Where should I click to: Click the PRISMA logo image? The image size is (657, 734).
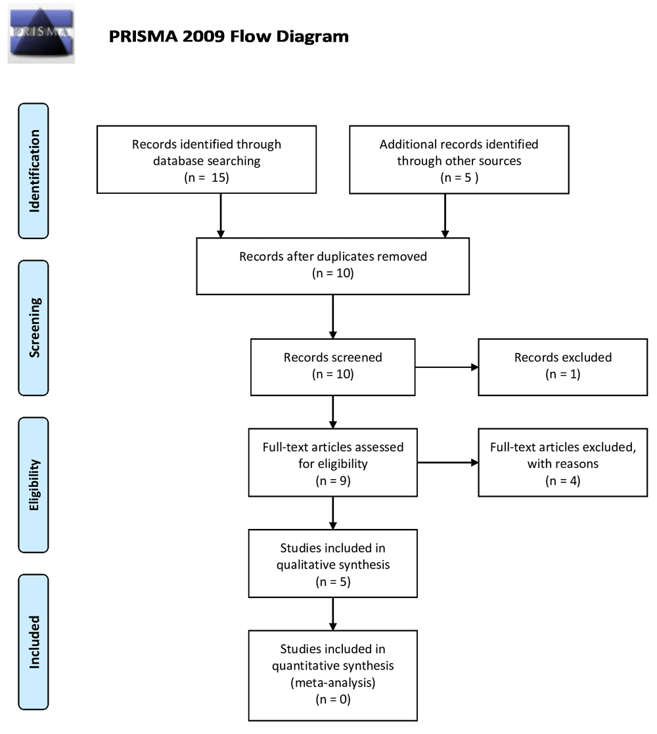(41, 34)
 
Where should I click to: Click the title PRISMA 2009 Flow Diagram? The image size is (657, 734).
(229, 37)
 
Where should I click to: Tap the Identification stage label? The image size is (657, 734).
(34, 171)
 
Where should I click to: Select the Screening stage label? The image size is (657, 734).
(34, 328)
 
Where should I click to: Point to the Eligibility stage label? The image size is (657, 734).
(34, 485)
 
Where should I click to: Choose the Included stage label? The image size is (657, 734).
(34, 642)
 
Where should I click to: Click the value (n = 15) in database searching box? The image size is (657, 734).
(206, 177)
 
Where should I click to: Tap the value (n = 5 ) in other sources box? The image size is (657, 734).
(459, 177)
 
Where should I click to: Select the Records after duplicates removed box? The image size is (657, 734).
(332, 266)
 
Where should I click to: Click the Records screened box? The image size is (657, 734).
(332, 367)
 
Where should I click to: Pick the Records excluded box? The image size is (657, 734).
(563, 367)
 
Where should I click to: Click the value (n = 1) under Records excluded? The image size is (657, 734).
(563, 374)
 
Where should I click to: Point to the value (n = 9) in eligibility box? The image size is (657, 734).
(332, 481)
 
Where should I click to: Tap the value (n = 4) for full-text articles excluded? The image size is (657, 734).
(563, 481)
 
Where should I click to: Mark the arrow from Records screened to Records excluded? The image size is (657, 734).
(447, 367)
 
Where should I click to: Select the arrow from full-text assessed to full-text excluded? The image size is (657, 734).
(448, 463)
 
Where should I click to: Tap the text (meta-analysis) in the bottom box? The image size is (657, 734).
(332, 683)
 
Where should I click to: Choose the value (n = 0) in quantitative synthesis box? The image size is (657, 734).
(332, 699)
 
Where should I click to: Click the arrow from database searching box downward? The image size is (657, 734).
(221, 216)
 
